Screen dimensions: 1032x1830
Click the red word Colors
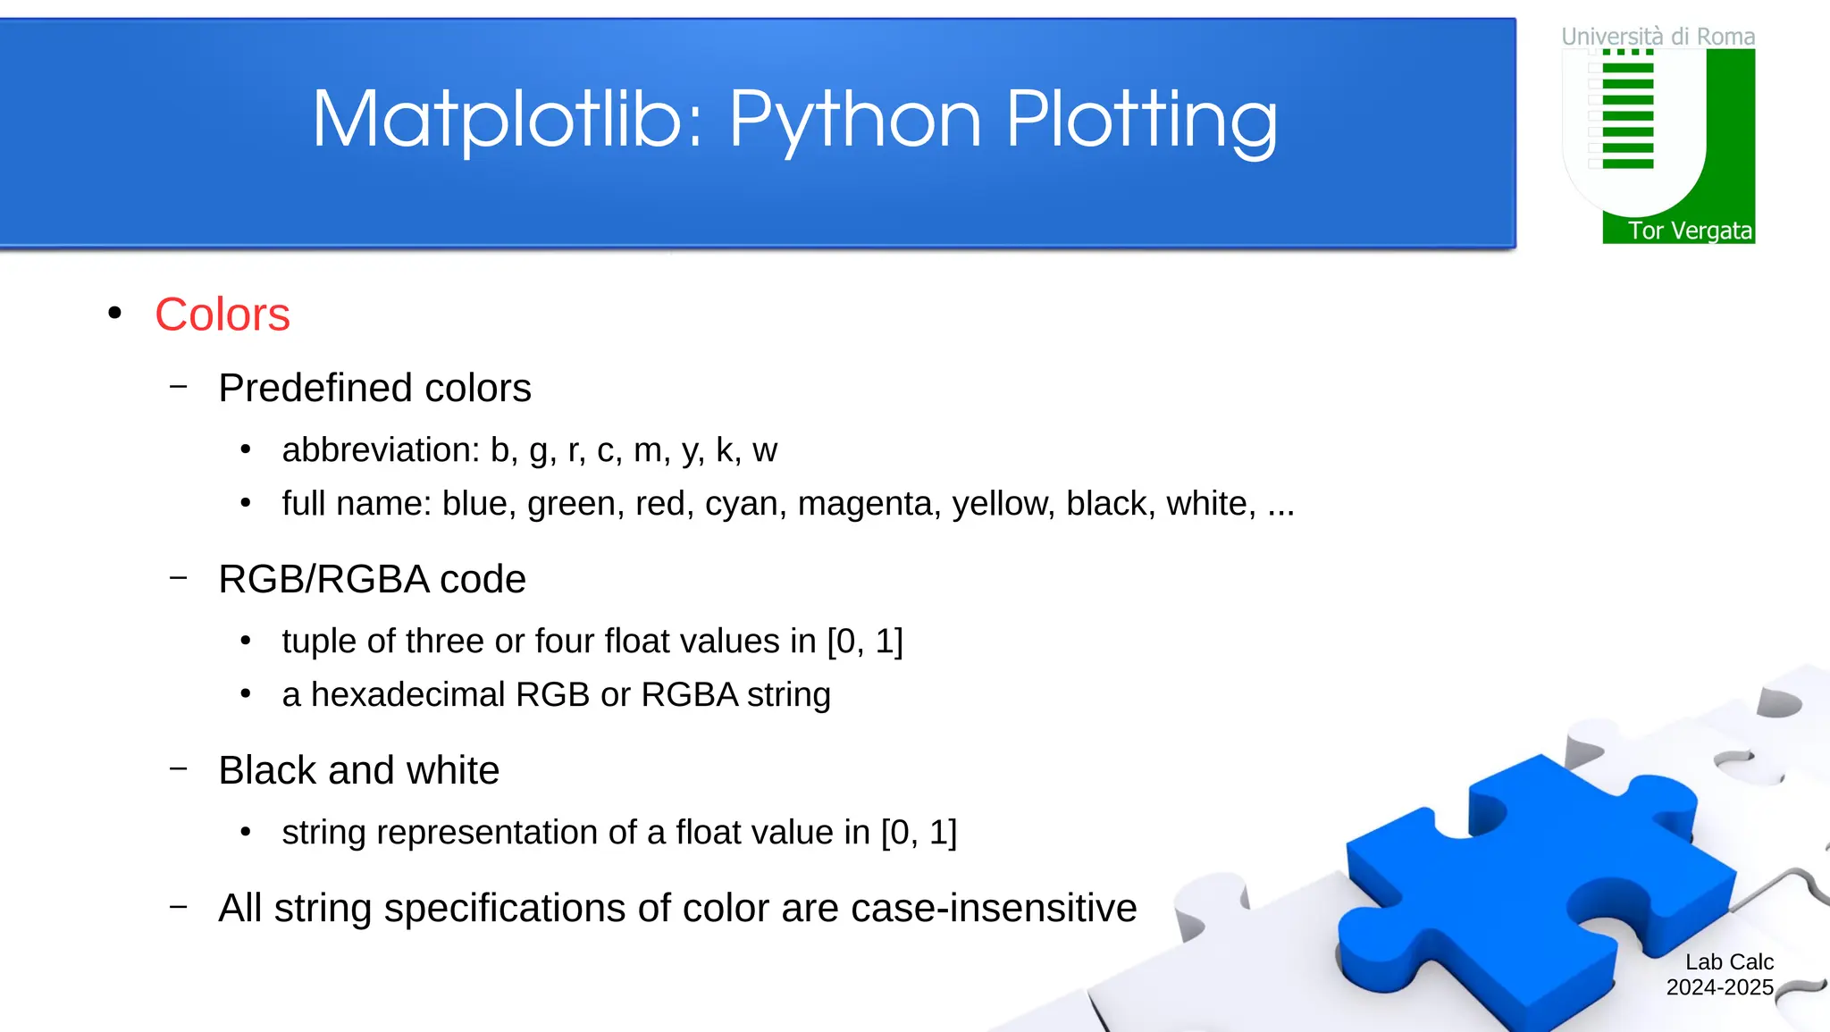(x=222, y=315)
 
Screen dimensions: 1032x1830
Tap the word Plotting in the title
(x=1141, y=119)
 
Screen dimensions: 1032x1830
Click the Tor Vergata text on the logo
(x=1689, y=231)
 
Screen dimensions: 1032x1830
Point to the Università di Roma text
(x=1658, y=37)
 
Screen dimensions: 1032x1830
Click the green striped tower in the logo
(x=1627, y=111)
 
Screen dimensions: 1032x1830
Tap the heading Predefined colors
(x=374, y=388)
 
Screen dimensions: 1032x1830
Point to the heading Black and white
(x=358, y=770)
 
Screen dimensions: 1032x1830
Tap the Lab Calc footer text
(x=1728, y=961)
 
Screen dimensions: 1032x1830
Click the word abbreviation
(x=381, y=449)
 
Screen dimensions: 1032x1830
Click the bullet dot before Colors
(x=114, y=313)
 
